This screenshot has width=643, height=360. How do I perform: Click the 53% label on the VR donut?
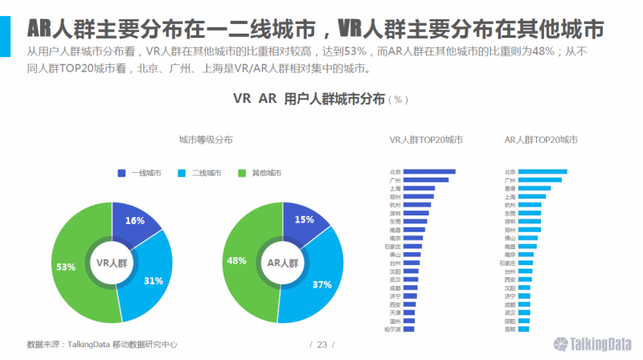click(66, 267)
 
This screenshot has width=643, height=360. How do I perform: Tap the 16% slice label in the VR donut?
click(134, 221)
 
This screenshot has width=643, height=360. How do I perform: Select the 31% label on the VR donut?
click(154, 281)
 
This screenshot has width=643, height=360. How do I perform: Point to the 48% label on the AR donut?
click(236, 261)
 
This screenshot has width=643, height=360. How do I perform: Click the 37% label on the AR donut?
click(322, 284)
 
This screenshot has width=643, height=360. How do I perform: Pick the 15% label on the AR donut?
click(305, 220)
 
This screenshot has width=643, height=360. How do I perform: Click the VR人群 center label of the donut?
click(112, 263)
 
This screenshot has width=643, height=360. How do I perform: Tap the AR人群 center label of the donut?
click(282, 263)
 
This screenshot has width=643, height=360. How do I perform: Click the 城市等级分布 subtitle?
click(206, 140)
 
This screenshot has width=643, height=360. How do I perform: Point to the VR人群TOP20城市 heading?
click(426, 140)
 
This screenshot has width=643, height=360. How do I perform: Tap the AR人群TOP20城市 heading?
click(541, 140)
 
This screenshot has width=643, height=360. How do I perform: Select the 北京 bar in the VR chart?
click(429, 171)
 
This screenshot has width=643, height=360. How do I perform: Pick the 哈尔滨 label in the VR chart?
click(392, 329)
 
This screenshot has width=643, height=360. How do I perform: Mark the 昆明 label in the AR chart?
click(510, 329)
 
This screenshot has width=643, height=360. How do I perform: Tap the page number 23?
click(321, 345)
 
